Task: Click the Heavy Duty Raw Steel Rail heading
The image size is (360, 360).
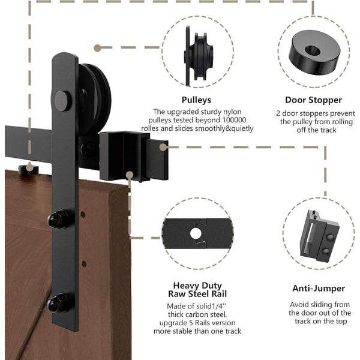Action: click(197, 290)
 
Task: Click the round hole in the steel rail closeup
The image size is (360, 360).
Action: click(196, 232)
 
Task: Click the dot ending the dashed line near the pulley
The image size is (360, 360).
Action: click(97, 46)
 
